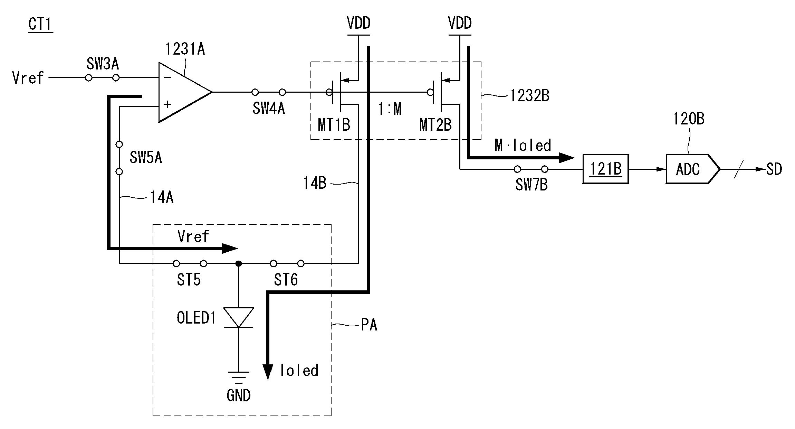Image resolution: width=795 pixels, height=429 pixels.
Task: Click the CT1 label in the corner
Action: click(40, 24)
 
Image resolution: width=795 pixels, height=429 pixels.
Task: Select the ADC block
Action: click(692, 169)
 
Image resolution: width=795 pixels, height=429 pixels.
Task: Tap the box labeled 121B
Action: click(605, 169)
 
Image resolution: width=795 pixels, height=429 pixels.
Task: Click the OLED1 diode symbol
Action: click(239, 317)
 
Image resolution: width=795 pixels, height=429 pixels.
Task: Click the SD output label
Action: click(774, 169)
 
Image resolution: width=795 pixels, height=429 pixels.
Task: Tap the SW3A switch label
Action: click(103, 64)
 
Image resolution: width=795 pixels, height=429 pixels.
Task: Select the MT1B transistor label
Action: click(334, 125)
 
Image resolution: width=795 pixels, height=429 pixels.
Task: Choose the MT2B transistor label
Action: click(435, 125)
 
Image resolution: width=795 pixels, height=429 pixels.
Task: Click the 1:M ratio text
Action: click(390, 109)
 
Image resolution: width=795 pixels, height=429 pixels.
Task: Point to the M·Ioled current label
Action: click(523, 146)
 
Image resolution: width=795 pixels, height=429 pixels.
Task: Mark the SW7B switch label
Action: click(531, 185)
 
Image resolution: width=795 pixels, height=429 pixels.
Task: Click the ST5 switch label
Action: click(189, 280)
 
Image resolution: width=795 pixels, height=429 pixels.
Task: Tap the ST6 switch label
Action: click(286, 280)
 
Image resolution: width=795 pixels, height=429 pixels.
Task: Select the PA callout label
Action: click(369, 325)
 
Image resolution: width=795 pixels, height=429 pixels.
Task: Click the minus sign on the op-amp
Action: click(167, 78)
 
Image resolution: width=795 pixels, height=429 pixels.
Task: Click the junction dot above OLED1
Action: click(238, 264)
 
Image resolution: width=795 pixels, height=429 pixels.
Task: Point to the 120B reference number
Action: click(689, 119)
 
